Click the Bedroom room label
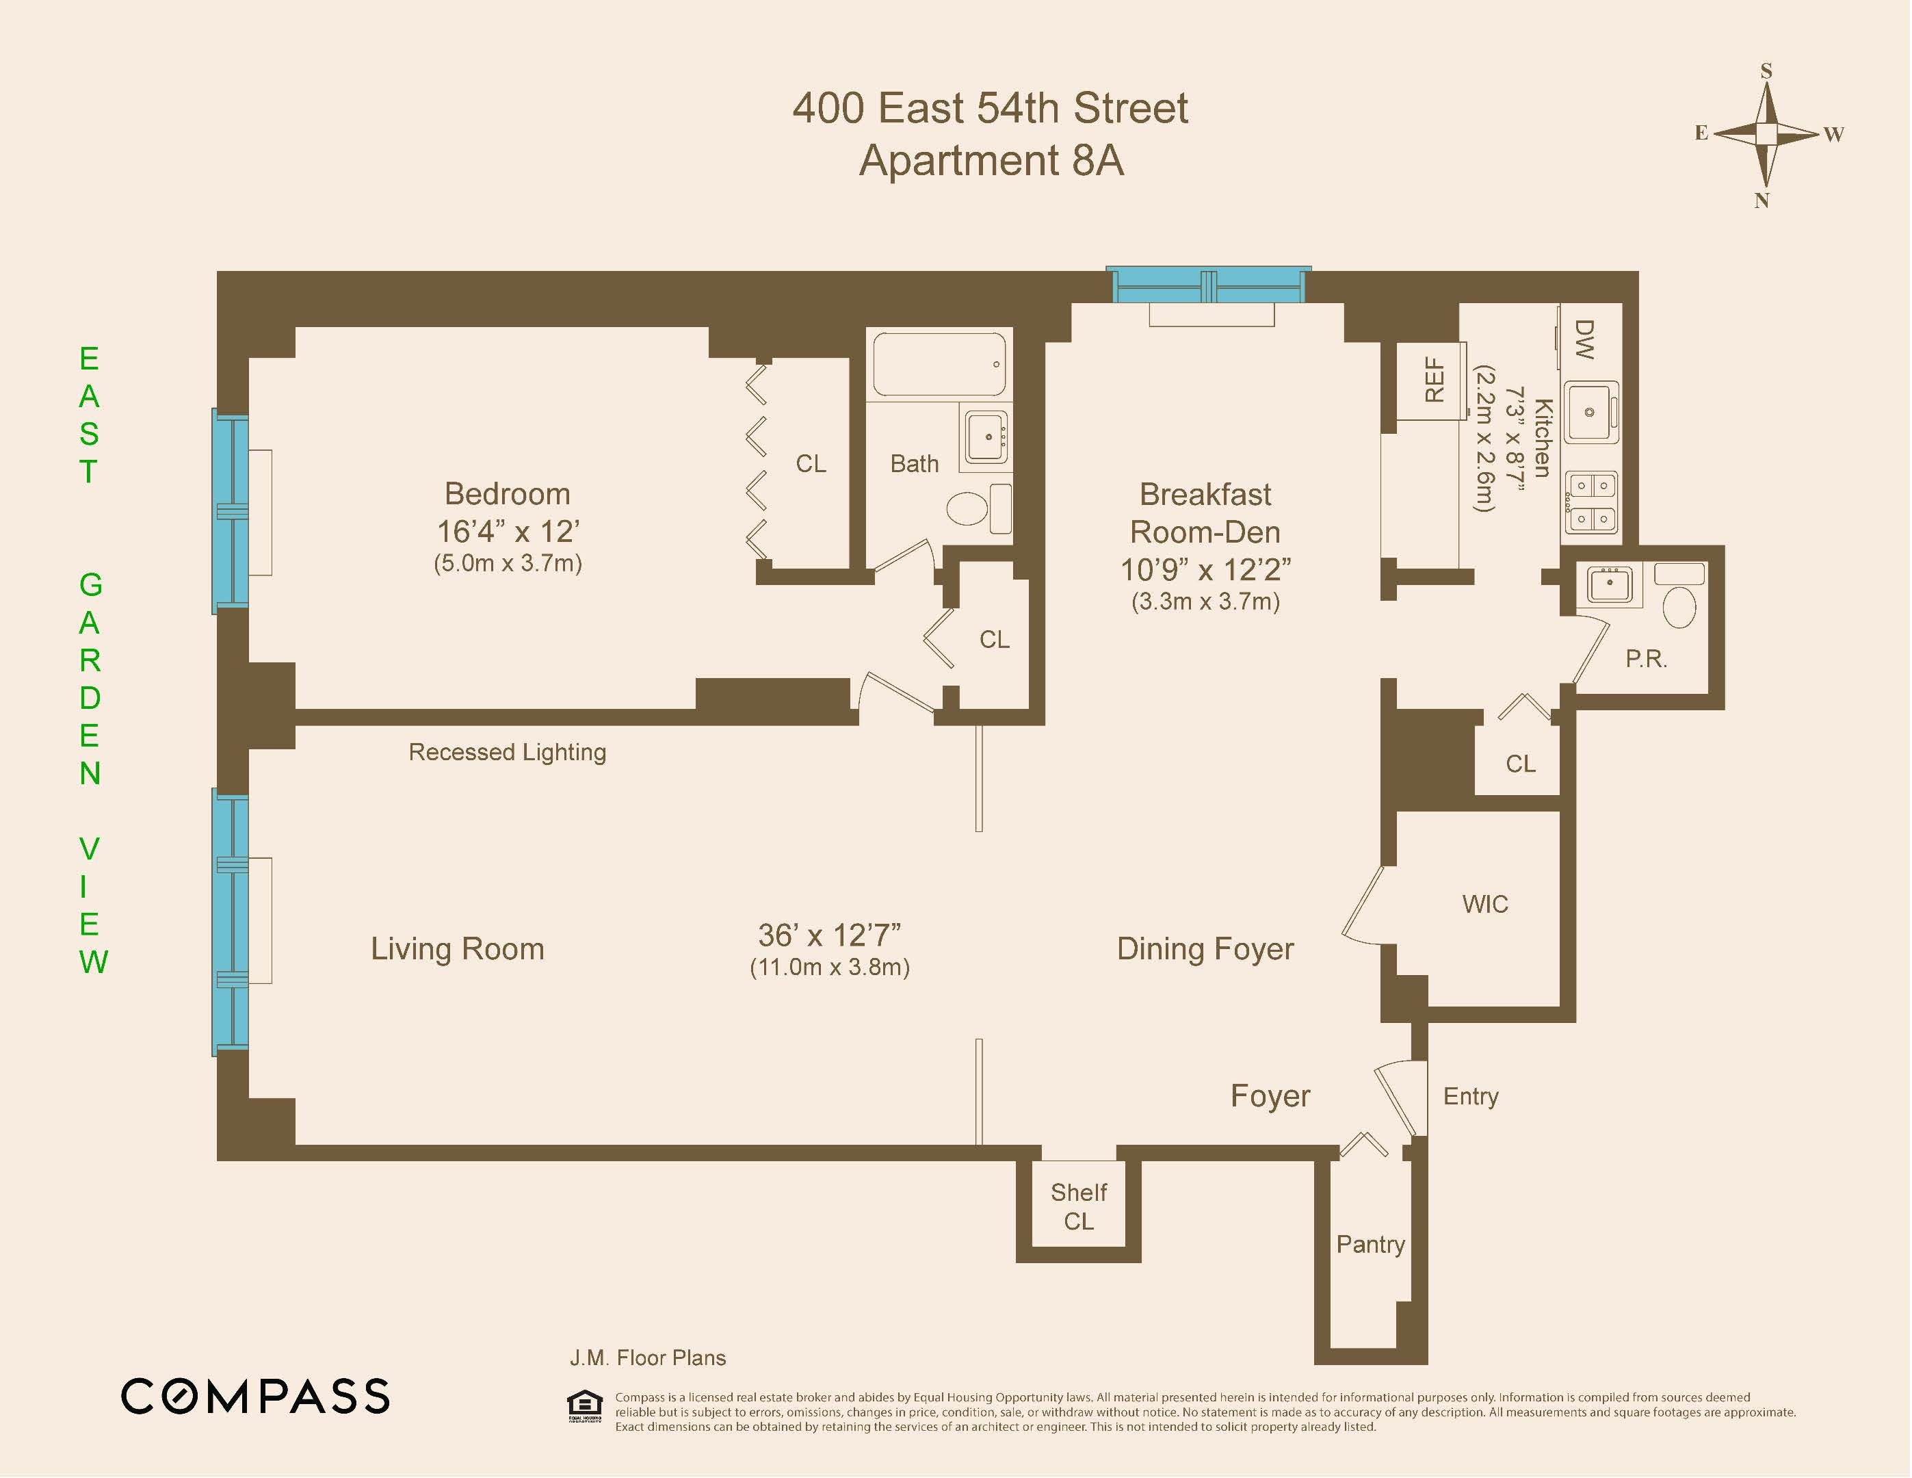pyautogui.click(x=507, y=494)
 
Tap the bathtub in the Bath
pyautogui.click(x=939, y=364)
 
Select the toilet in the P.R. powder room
pyautogui.click(x=1678, y=606)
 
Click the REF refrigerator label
pyautogui.click(x=1434, y=380)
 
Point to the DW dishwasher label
pyautogui.click(x=1584, y=339)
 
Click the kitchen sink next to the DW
pyautogui.click(x=1590, y=411)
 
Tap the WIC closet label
pyautogui.click(x=1484, y=904)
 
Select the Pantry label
pyautogui.click(x=1370, y=1244)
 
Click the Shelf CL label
pyautogui.click(x=1079, y=1206)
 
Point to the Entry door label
pyautogui.click(x=1471, y=1096)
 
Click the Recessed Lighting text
pyautogui.click(x=507, y=752)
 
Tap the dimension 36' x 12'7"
pyautogui.click(x=829, y=935)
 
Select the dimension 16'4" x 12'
pyautogui.click(x=508, y=532)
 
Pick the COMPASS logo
pyautogui.click(x=254, y=1396)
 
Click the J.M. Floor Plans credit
pyautogui.click(x=648, y=1358)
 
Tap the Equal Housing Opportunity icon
pyautogui.click(x=585, y=1405)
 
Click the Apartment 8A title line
pyautogui.click(x=991, y=160)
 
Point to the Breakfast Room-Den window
pyautogui.click(x=1209, y=285)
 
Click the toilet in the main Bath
pyautogui.click(x=967, y=508)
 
